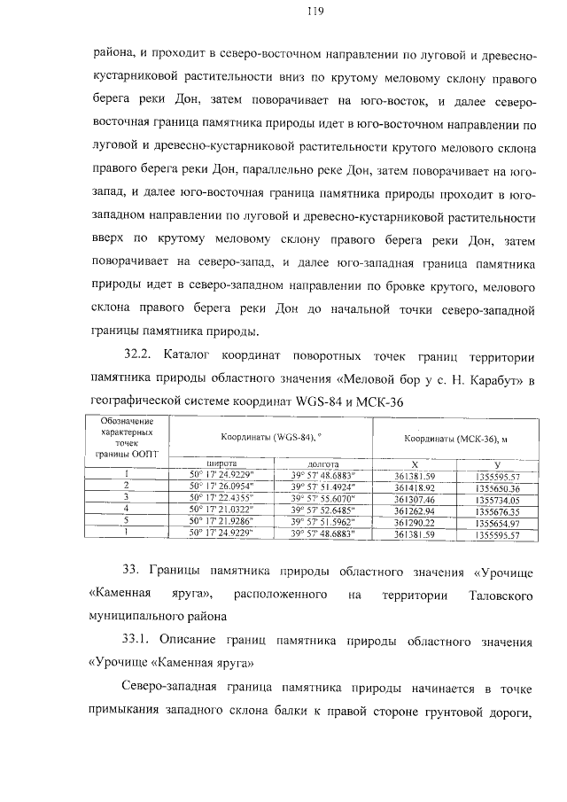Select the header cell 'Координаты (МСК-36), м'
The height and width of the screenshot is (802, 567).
click(x=459, y=437)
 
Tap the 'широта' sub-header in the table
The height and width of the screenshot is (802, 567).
click(x=221, y=463)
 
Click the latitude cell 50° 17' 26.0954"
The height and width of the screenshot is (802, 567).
click(x=221, y=487)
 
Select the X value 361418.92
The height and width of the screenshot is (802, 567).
click(x=416, y=487)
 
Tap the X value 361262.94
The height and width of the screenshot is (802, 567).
click(x=416, y=510)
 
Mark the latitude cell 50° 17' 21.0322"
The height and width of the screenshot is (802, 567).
click(x=221, y=510)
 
